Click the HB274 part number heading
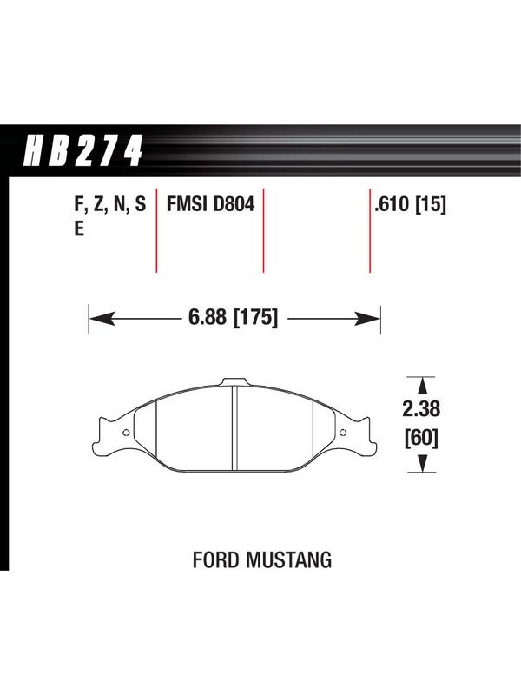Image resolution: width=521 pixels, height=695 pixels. tap(82, 151)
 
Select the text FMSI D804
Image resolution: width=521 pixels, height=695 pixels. tap(210, 204)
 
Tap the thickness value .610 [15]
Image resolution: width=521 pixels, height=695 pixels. tap(410, 205)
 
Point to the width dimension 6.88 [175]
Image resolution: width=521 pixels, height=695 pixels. tap(234, 318)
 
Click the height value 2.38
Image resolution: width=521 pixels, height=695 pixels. tap(421, 408)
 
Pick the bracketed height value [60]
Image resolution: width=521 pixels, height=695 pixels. tap(421, 439)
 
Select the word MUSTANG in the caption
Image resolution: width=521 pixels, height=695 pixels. tap(289, 559)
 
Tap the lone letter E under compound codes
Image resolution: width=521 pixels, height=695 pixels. tap(79, 229)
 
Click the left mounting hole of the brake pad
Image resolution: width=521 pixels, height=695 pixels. tap(126, 433)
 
